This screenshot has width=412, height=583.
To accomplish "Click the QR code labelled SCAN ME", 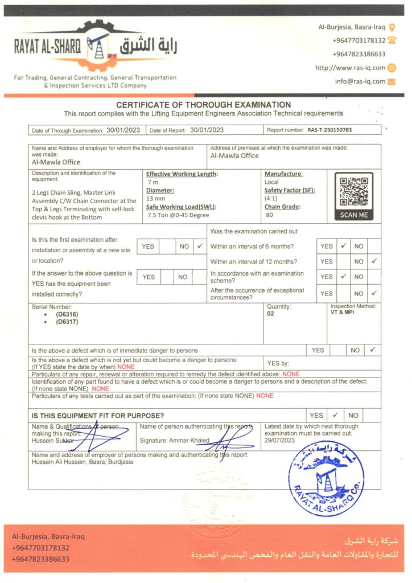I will [x=353, y=192].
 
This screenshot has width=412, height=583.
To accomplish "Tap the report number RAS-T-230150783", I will [x=329, y=130].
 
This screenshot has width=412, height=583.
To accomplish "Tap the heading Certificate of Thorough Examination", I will [x=204, y=105].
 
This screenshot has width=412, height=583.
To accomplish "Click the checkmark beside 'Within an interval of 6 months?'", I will [x=343, y=247].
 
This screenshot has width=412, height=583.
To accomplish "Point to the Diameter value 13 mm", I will [x=155, y=199].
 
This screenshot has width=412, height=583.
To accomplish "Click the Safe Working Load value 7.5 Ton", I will [x=160, y=215].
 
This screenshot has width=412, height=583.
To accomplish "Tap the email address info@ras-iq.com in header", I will [x=360, y=81].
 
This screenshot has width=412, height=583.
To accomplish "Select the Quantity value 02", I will [x=271, y=313].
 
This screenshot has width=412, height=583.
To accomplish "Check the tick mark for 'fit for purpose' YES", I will [x=336, y=415].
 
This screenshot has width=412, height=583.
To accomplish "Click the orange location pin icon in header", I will [x=392, y=27].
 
